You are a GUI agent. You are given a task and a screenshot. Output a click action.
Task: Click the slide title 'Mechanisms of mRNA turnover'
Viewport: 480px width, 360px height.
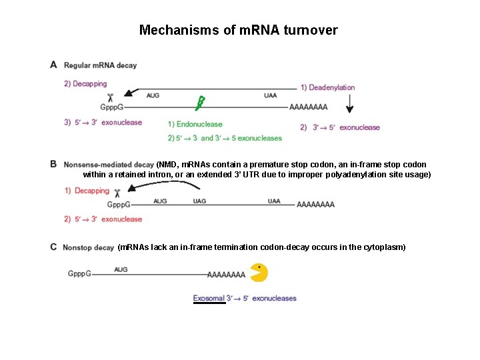[238, 30]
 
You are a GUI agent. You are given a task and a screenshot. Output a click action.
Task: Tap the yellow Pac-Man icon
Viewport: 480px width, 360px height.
[259, 273]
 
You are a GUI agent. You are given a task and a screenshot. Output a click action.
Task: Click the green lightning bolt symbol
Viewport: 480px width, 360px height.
[199, 103]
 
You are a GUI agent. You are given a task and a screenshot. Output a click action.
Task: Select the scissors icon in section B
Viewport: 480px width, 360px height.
[117, 194]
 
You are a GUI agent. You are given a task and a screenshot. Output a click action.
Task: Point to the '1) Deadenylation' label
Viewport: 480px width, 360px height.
[327, 87]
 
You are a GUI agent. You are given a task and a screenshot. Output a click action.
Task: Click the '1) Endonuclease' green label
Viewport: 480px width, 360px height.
[195, 124]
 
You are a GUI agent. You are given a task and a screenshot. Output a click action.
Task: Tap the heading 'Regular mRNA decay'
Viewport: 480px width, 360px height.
[100, 65]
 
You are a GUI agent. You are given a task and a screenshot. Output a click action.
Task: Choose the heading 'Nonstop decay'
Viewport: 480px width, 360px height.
[89, 247]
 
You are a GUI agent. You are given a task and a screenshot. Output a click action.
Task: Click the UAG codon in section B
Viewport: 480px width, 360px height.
[199, 201]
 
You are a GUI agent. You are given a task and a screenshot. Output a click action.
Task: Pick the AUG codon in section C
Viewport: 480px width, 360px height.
[121, 269]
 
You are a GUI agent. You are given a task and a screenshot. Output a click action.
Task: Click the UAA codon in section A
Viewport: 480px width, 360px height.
[270, 95]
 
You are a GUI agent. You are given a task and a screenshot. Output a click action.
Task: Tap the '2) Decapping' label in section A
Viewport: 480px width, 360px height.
[85, 84]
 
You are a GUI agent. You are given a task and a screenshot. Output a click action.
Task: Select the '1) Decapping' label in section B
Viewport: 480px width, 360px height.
[87, 191]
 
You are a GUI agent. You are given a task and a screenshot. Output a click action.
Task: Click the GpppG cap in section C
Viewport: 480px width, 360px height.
[79, 273]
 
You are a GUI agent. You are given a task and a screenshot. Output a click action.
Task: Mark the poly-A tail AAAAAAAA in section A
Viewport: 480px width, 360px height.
[309, 107]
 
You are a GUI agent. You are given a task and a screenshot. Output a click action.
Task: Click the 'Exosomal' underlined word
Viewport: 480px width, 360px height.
[209, 298]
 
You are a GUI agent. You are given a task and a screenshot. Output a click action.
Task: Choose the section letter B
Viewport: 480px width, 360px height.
[53, 163]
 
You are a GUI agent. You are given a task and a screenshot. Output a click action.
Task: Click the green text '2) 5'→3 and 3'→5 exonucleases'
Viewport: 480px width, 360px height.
[225, 138]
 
